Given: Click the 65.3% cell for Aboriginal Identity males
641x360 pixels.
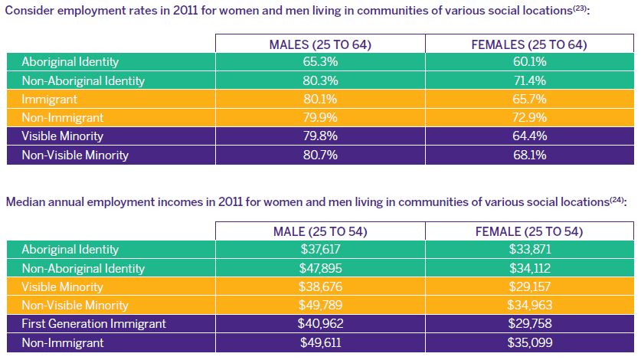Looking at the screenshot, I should coord(320,62).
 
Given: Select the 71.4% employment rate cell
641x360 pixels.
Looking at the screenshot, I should coord(528,80).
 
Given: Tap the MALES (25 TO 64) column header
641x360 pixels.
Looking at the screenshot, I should coord(320,44).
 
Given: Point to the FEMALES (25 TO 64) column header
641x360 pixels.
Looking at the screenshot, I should coord(528,44).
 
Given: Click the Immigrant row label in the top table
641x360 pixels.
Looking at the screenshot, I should coord(50,100).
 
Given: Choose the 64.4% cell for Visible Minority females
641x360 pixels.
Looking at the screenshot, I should coord(528,136).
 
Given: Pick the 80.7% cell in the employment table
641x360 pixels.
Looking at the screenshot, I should coord(320,155).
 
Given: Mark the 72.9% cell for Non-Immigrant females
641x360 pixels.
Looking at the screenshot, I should coord(528,118).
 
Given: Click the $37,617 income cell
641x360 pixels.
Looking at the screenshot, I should coord(320,250).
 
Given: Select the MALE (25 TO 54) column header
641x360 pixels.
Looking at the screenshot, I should coord(320,231).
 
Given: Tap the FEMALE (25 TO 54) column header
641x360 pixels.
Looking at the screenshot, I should coord(528,231).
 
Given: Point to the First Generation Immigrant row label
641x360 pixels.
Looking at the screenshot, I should coord(93,324).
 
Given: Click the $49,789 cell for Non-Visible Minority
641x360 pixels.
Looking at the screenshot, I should coord(320,306).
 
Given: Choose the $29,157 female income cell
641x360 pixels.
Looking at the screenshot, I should coord(528,287).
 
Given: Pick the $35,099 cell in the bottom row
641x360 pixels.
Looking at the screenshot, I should coord(528,342).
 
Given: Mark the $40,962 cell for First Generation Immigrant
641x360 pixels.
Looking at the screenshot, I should coord(320,324).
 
